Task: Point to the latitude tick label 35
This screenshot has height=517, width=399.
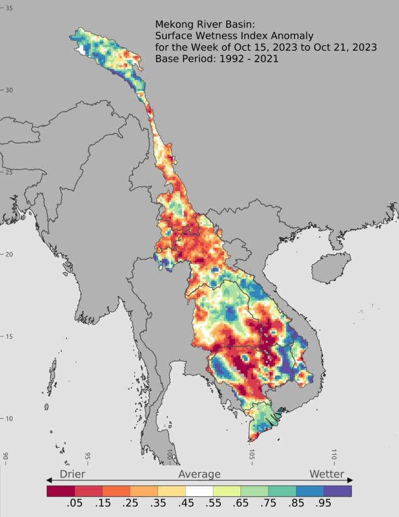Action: point(9,8)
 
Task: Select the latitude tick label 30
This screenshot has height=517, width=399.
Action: point(9,90)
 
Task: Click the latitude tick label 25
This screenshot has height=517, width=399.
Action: point(9,172)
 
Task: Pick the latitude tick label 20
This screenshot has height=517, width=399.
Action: point(9,254)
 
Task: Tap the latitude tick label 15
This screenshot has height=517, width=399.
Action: point(9,336)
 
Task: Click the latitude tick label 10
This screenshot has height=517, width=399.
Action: point(9,418)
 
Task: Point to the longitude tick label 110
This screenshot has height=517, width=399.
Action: point(334,455)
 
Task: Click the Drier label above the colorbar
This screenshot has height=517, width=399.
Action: point(73,474)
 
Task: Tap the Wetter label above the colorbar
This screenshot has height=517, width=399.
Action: point(327,474)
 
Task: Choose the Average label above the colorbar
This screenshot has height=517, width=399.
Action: point(199,474)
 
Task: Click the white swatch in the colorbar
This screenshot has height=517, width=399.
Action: point(199,491)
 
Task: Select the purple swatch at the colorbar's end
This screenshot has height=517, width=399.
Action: point(338,491)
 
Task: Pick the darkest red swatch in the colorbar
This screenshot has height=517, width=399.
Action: point(61,491)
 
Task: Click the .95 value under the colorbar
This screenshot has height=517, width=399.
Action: point(324,504)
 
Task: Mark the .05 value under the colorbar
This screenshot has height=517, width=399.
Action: point(75,504)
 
